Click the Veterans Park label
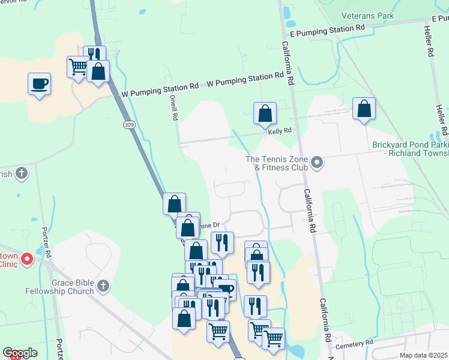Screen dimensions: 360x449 coord(367,16)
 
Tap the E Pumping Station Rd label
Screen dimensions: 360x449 coord(327,28)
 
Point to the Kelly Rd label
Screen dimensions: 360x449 coord(280,131)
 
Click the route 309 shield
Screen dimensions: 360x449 coord(129,125)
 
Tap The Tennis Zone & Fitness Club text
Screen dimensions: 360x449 coord(277,163)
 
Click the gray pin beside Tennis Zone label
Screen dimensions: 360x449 coord(318,163)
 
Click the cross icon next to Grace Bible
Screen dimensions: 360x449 coord(103,286)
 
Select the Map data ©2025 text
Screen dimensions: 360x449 coord(423,355)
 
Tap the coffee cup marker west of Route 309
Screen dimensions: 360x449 coord(39,83)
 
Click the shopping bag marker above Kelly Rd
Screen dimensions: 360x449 coord(265,113)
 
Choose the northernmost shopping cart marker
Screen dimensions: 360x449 coord(78,67)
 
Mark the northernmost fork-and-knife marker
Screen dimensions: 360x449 coord(94,56)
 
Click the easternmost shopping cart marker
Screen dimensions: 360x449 coord(274,337)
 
